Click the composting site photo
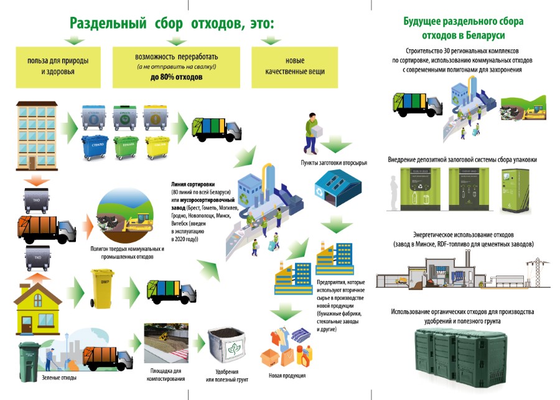coord(166,345)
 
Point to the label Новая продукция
coord(287,376)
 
